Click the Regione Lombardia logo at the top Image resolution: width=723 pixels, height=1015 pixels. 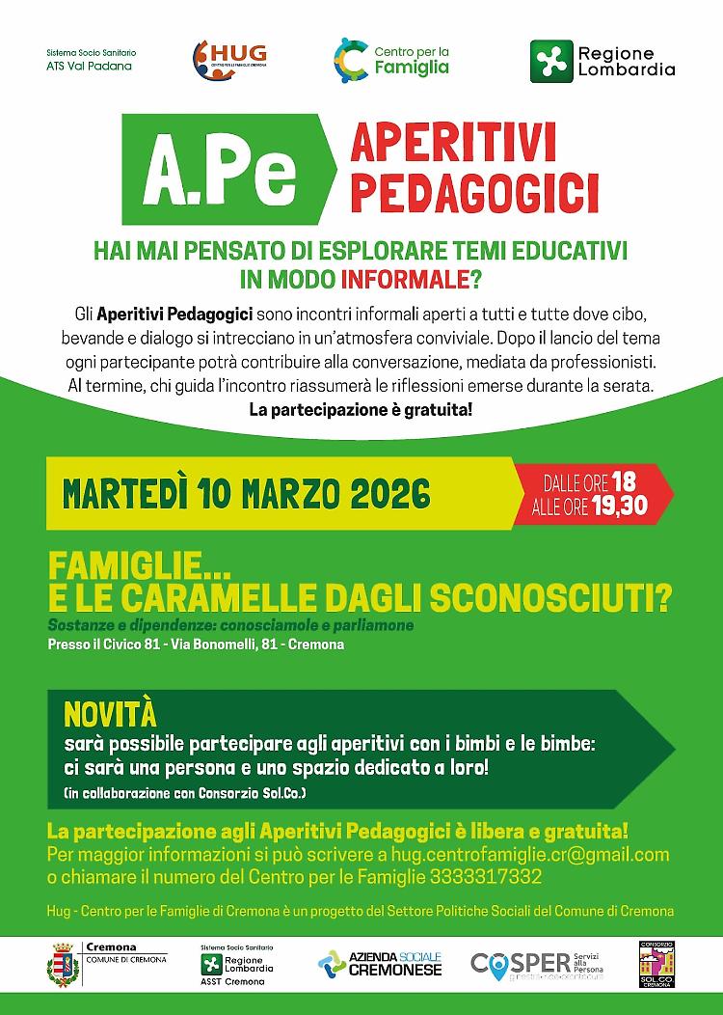pos(602,61)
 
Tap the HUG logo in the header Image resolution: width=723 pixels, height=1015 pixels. pos(228,57)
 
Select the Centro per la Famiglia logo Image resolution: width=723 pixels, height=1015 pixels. pos(391,58)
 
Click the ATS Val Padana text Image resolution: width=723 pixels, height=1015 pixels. pos(89,67)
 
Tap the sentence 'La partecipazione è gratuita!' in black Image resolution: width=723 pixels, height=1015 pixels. pos(361,410)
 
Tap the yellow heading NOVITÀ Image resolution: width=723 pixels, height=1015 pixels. pos(109,715)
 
